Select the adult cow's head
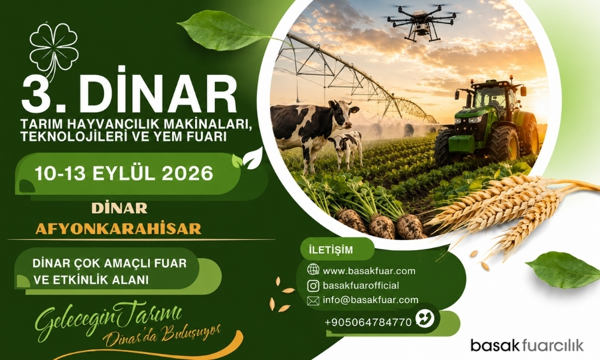tap(342, 113)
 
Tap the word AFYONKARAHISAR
tap(118, 229)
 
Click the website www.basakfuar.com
tap(369, 271)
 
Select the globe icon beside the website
tap(313, 270)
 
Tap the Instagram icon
tap(313, 286)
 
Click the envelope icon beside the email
tap(313, 301)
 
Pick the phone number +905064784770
tap(368, 323)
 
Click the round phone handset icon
tap(425, 319)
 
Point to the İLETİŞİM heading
tap(331, 250)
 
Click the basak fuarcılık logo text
tap(527, 345)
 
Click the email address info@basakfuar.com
tap(370, 300)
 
